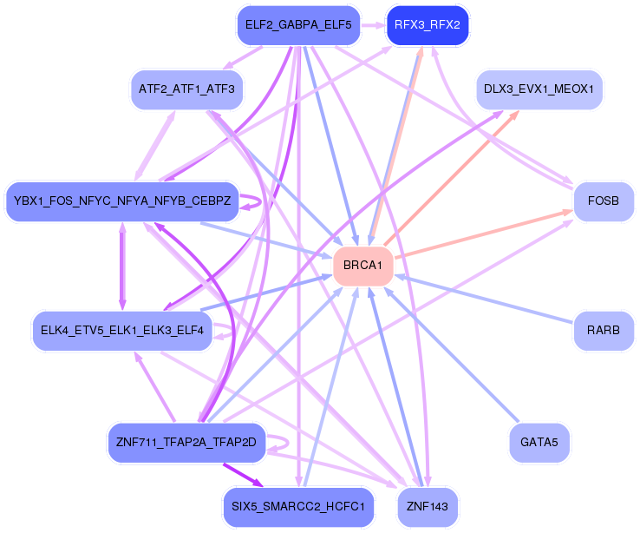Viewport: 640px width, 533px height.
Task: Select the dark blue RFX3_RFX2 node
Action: click(427, 25)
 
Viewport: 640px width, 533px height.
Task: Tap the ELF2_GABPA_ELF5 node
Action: click(297, 25)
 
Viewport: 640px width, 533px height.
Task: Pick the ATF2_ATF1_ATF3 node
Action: click(186, 89)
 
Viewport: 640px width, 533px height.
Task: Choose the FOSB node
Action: click(603, 201)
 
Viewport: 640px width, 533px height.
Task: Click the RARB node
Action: click(603, 331)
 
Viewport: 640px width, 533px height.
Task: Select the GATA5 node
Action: click(539, 442)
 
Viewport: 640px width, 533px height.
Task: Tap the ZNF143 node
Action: click(427, 506)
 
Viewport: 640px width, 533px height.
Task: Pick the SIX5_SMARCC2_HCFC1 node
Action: click(297, 506)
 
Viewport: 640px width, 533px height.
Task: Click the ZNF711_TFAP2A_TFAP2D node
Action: click(186, 442)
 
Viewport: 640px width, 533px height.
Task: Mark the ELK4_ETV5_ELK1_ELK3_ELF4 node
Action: click(122, 331)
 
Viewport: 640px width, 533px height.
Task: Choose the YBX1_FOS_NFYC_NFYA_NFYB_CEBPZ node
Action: click(122, 201)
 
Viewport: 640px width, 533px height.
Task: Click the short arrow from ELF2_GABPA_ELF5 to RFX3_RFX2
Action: click(371, 25)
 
